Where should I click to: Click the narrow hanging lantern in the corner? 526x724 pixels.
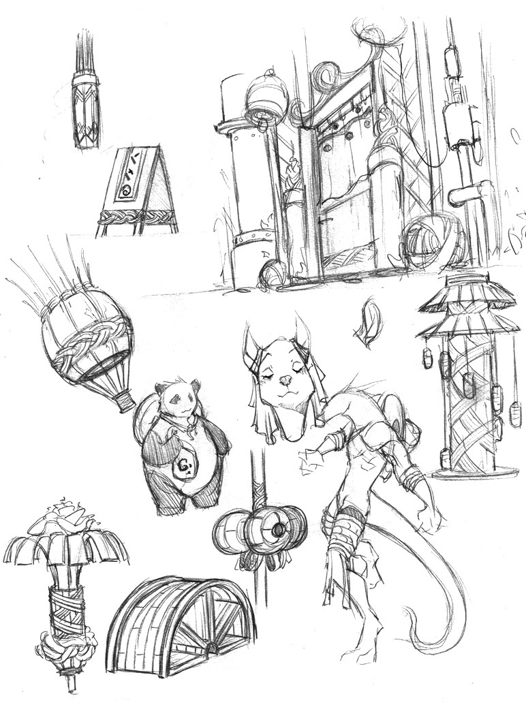pyautogui.click(x=86, y=109)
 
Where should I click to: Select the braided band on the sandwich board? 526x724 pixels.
pyautogui.click(x=136, y=218)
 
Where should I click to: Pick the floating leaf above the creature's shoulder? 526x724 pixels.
pyautogui.click(x=367, y=324)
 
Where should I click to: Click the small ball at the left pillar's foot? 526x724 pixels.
pyautogui.click(x=273, y=274)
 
